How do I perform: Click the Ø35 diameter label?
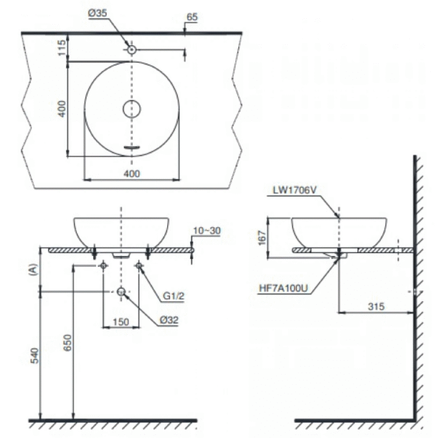[x=97, y=13]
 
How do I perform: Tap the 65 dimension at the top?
[x=192, y=17]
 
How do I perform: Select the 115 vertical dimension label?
[x=62, y=47]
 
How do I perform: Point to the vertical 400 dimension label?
[x=62, y=109]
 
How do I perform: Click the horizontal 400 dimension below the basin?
[x=132, y=174]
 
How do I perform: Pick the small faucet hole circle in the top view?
[x=132, y=49]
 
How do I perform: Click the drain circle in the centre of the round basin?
[x=132, y=109]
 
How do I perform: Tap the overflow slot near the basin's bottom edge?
[x=132, y=147]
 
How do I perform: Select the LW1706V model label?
[x=294, y=190]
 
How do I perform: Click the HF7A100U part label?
[x=283, y=288]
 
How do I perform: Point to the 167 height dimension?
[x=262, y=238]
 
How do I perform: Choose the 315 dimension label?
[x=376, y=307]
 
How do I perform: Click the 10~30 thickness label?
[x=206, y=231]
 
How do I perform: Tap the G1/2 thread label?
[x=174, y=296]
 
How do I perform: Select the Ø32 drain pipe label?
[x=169, y=320]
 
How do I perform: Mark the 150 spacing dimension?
[x=121, y=322]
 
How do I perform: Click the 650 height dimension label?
[x=68, y=343]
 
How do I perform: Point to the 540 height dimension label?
[x=35, y=356]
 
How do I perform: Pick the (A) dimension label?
[x=33, y=269]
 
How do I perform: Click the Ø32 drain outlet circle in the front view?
[x=121, y=292]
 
